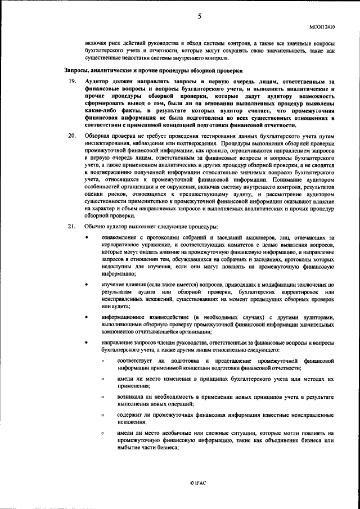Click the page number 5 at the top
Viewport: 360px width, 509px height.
coord(199,16)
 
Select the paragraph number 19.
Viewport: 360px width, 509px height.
coord(71,82)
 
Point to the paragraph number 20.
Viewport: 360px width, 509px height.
coord(71,137)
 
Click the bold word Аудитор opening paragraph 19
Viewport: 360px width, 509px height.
coord(100,82)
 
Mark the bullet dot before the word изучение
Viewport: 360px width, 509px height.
coord(86,285)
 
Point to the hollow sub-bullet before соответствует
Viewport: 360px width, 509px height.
coord(103,361)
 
